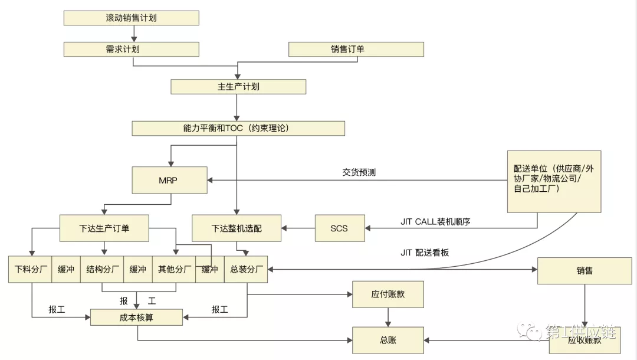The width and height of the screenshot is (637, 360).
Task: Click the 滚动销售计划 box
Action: point(131,18)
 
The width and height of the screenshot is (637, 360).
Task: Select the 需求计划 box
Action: point(131,49)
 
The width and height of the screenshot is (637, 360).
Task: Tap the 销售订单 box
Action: point(356,49)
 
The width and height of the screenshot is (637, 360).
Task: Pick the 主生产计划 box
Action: point(238,87)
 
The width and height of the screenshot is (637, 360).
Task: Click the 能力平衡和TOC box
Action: point(238,128)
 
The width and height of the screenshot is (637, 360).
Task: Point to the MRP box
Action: point(170,180)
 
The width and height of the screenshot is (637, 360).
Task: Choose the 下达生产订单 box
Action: point(104,228)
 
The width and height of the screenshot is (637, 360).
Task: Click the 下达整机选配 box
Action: point(237,228)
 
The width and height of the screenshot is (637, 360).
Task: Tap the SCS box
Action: point(339,228)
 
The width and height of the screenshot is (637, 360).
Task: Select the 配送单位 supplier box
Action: point(554,181)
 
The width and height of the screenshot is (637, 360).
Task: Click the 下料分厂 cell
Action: point(30,270)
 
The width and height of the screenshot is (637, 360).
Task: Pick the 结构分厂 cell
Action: point(101,270)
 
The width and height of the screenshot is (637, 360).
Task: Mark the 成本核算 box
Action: point(136,318)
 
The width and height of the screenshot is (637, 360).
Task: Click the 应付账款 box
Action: point(388,294)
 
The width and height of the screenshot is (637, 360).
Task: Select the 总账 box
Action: point(388,341)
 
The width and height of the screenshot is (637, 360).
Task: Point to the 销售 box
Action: point(585,271)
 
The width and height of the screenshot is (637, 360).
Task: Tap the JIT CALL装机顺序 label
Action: point(435,222)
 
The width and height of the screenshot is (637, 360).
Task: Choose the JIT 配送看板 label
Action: point(425,253)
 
